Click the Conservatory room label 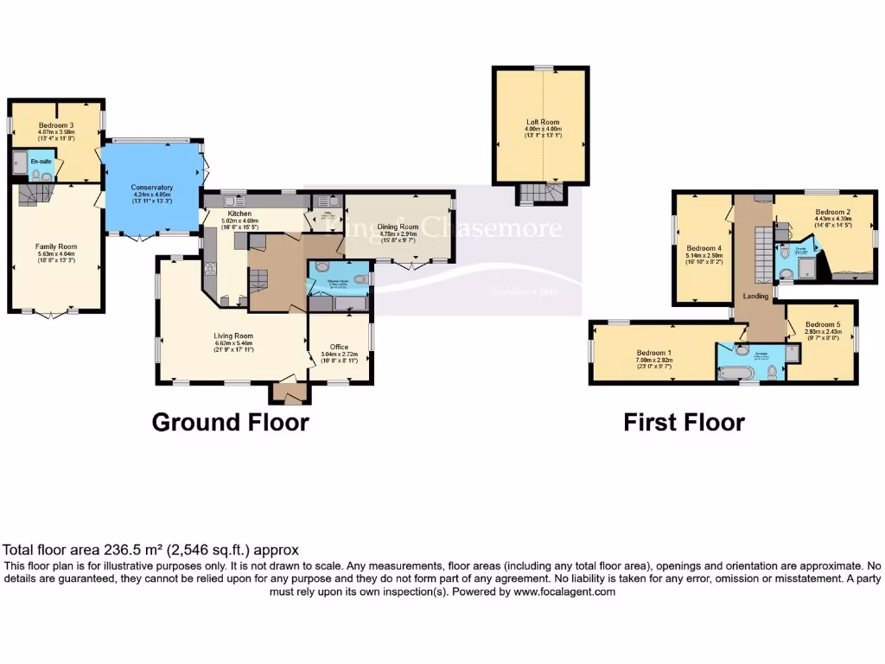pyautogui.click(x=152, y=188)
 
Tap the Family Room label pyautogui.click(x=57, y=246)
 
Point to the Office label pyautogui.click(x=340, y=347)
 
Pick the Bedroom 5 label pyautogui.click(x=817, y=324)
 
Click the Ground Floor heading pyautogui.click(x=230, y=422)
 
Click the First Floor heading pyautogui.click(x=684, y=422)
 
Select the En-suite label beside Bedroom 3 pyautogui.click(x=41, y=162)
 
